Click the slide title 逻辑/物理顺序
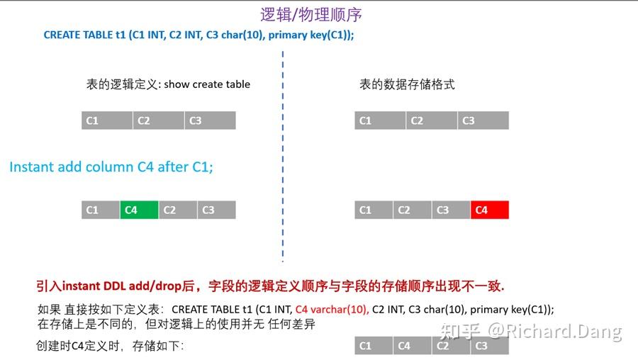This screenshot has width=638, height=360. pyautogui.click(x=311, y=14)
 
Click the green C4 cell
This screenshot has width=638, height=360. pyautogui.click(x=139, y=210)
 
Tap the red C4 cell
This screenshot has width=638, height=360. pyautogui.click(x=490, y=210)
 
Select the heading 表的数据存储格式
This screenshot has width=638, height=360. pyautogui.click(x=407, y=84)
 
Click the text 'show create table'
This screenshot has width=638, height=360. pyautogui.click(x=207, y=84)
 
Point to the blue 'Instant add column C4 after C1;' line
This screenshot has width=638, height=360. pyautogui.click(x=111, y=167)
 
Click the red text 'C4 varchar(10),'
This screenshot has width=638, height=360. pyautogui.click(x=332, y=309)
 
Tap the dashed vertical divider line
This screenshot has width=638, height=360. pyautogui.click(x=283, y=156)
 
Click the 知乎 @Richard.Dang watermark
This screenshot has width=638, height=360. pyautogui.click(x=531, y=331)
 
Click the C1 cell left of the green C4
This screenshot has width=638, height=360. pyautogui.click(x=101, y=210)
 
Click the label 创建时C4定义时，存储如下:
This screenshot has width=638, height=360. pyautogui.click(x=110, y=347)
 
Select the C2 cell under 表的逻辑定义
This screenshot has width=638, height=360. pyautogui.click(x=158, y=120)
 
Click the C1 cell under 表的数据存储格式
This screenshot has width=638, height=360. pyautogui.click(x=380, y=120)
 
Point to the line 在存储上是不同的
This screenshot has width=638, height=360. pyautogui.click(x=176, y=324)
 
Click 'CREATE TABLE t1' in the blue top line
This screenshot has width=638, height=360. pyautogui.click(x=84, y=34)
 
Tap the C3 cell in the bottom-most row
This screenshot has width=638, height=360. pyautogui.click(x=489, y=346)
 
